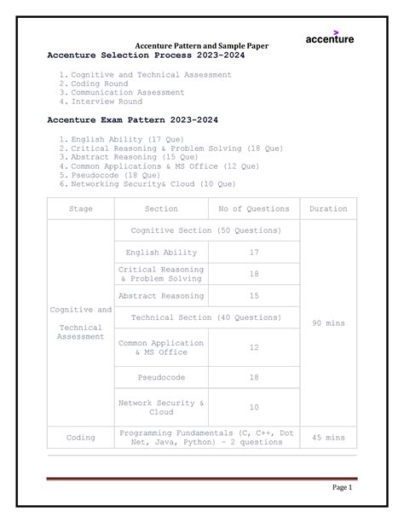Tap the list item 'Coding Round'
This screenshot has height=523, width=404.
coord(100,84)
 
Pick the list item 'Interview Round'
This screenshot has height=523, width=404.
coord(107,102)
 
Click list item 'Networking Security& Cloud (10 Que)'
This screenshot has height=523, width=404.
coord(153,183)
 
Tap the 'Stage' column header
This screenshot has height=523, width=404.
coord(81,208)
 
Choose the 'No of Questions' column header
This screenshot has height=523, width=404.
coord(254,208)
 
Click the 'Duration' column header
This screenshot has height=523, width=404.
coord(328,208)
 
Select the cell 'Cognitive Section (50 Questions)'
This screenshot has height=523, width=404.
coord(207,230)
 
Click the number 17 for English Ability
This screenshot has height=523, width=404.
coord(254,253)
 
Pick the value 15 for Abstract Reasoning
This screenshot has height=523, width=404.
coord(254,296)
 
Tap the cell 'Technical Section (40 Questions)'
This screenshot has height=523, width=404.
coord(207,317)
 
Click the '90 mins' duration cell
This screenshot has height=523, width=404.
coord(328,323)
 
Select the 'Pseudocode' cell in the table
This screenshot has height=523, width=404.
coord(161,377)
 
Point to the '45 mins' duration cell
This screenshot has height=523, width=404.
coord(328,438)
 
